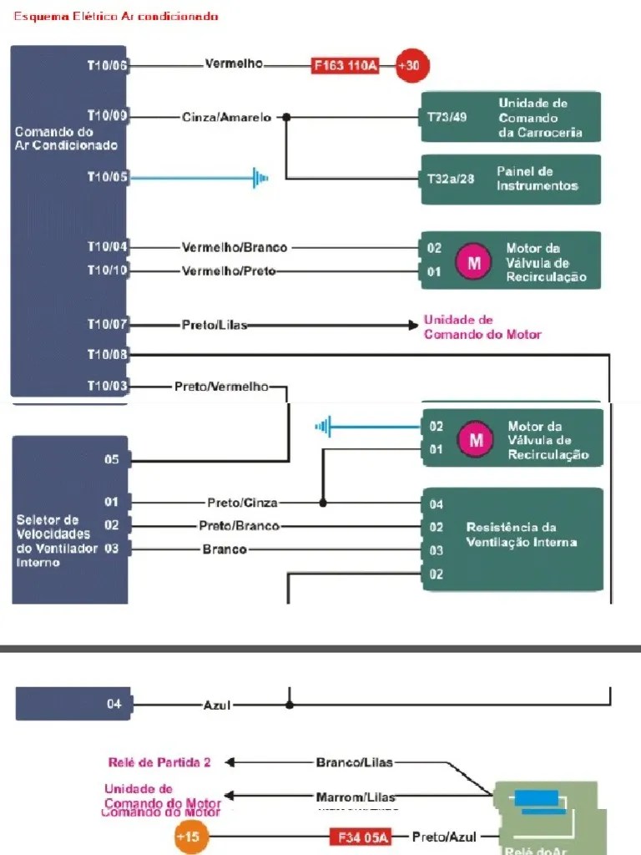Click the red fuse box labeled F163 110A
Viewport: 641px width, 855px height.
345,66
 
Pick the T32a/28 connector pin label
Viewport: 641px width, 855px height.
451,179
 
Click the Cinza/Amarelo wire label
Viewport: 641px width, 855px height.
226,118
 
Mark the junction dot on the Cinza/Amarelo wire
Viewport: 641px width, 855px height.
286,117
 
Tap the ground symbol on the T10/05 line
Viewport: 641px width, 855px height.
260,177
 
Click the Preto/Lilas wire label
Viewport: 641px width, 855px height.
215,325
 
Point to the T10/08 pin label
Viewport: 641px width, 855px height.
108,355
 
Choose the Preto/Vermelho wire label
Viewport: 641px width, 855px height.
221,387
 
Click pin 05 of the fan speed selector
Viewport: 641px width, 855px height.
112,460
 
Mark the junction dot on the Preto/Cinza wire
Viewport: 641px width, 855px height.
323,503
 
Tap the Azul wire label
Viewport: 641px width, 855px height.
217,706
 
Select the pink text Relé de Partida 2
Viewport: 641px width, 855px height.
159,762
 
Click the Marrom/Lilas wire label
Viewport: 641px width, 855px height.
356,797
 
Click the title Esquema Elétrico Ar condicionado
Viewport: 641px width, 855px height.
117,16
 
